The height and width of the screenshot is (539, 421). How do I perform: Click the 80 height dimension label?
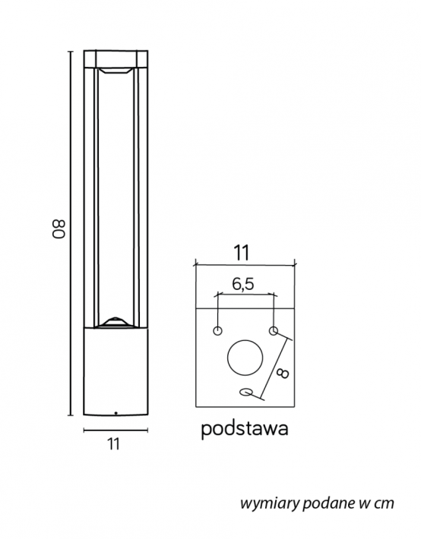click(x=59, y=229)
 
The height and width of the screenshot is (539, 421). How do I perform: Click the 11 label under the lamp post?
click(x=113, y=444)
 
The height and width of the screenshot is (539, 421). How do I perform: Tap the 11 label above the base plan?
click(x=242, y=253)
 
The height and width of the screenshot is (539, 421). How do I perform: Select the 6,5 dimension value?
click(x=243, y=284)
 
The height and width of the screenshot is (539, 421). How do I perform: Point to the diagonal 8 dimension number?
click(x=283, y=374)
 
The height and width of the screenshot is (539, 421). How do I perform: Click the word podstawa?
click(x=245, y=429)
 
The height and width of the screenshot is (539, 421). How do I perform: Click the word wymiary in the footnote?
click(x=270, y=503)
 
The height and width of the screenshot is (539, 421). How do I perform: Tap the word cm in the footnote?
click(x=384, y=503)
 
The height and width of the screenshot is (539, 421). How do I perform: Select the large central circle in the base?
click(x=245, y=358)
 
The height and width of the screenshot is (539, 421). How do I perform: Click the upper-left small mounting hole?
click(x=217, y=331)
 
